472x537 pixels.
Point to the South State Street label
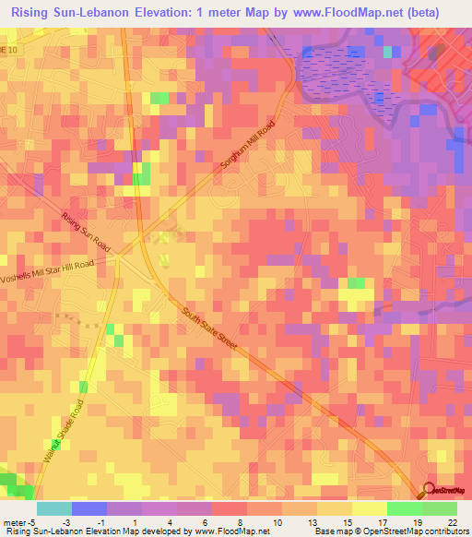tap(209, 329)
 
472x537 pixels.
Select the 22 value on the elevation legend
tap(452, 520)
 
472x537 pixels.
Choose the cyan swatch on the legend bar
tap(54, 508)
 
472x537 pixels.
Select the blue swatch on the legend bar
tap(88, 508)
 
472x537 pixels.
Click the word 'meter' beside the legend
tap(16, 520)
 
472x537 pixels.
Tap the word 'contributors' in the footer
tap(443, 531)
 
